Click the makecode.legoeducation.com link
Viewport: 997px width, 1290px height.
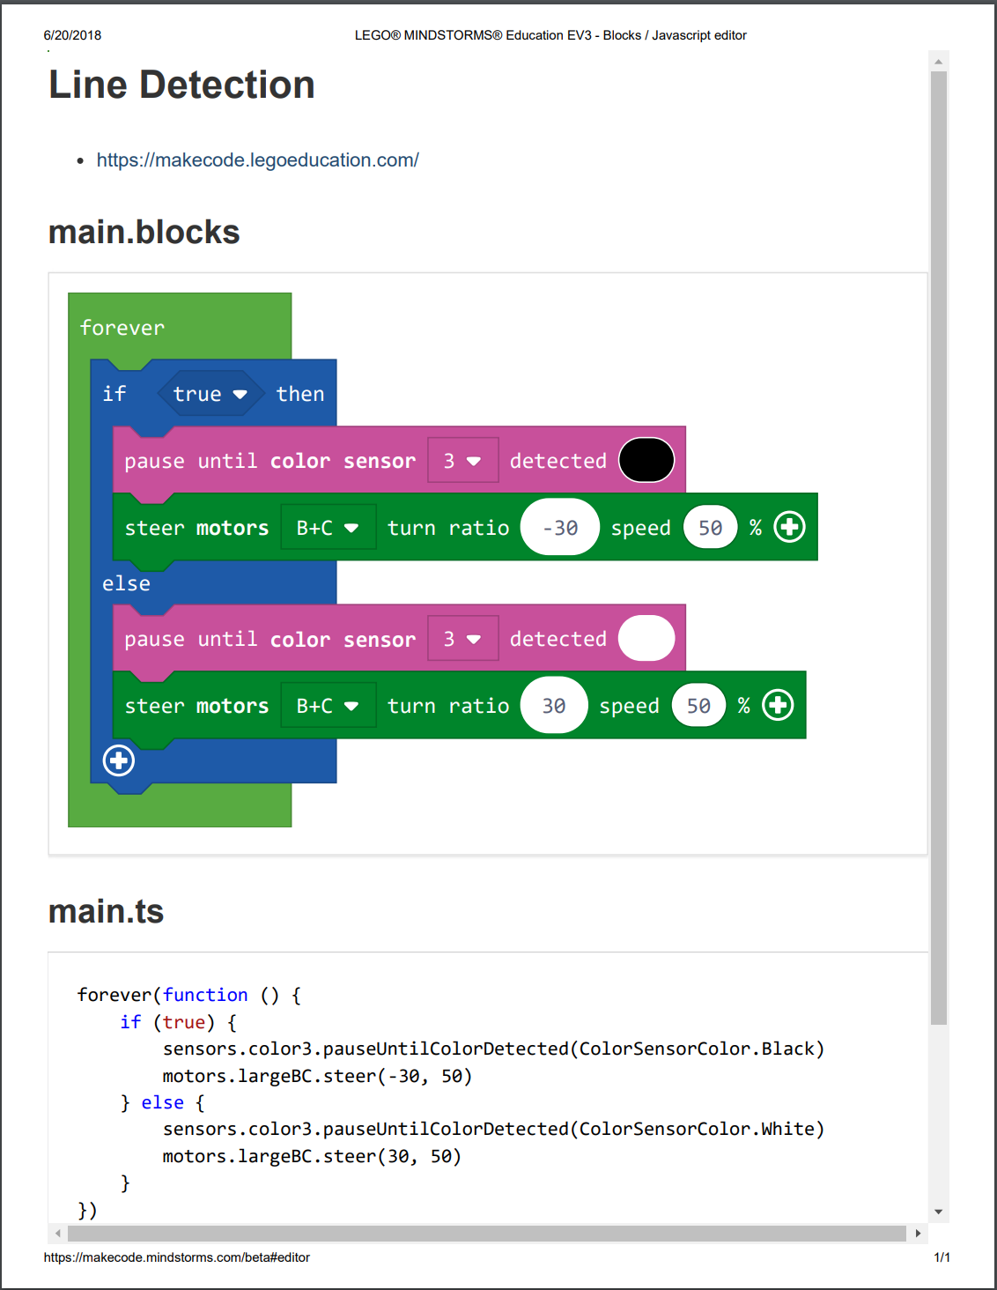point(257,160)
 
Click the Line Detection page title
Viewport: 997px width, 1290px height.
point(181,85)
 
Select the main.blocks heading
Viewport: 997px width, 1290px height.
point(144,233)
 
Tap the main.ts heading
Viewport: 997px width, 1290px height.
point(106,912)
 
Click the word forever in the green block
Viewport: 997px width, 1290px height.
point(122,328)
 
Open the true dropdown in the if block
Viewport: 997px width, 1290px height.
point(210,394)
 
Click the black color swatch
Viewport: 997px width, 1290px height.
point(646,460)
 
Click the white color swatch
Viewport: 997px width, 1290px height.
point(646,638)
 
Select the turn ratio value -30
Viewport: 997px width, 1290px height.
point(560,528)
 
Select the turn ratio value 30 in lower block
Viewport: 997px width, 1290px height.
point(554,706)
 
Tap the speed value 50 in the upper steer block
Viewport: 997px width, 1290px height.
point(710,528)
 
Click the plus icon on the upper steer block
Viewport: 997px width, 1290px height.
point(789,527)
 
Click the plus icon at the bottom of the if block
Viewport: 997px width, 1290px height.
point(119,760)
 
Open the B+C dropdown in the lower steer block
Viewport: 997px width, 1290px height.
point(328,706)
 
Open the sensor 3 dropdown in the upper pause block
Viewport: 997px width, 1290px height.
point(462,461)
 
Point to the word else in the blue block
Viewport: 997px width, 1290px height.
point(126,583)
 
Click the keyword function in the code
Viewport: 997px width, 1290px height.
point(205,995)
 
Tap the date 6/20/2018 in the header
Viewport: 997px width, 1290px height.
point(72,35)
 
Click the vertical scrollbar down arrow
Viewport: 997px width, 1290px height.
point(939,1212)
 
